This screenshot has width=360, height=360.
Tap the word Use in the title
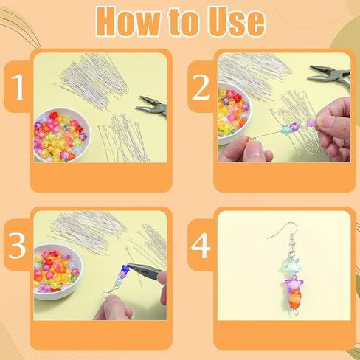pyautogui.click(x=235, y=22)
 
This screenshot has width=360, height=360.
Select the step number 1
pyautogui.click(x=18, y=86)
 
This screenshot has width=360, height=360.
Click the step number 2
pyautogui.click(x=201, y=86)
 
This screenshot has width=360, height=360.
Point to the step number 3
pyautogui.click(x=17, y=245)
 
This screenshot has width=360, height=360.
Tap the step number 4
pyautogui.click(x=201, y=245)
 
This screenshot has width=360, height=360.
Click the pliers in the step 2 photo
pyautogui.click(x=330, y=75)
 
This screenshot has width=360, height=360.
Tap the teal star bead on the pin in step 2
pyautogui.click(x=286, y=129)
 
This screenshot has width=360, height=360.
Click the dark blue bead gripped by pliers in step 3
pyautogui.click(x=125, y=268)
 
